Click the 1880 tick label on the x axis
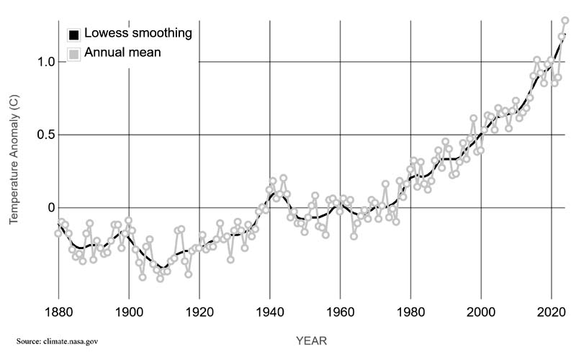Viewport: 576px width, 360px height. [x=58, y=315]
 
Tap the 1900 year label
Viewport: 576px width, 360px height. [x=129, y=315]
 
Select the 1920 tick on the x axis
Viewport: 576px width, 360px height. [x=199, y=315]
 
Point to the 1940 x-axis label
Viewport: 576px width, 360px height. [x=270, y=315]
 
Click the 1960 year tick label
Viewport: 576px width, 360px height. [x=340, y=315]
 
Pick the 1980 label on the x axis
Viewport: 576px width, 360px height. [x=410, y=315]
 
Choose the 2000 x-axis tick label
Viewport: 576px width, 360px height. [x=481, y=315]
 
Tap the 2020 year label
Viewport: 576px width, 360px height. [x=552, y=315]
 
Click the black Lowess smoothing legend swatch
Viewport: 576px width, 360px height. [x=73, y=35]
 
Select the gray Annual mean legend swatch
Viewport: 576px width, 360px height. [x=73, y=53]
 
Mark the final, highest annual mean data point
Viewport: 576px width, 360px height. [x=565, y=20]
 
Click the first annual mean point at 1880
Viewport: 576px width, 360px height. [x=58, y=233]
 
